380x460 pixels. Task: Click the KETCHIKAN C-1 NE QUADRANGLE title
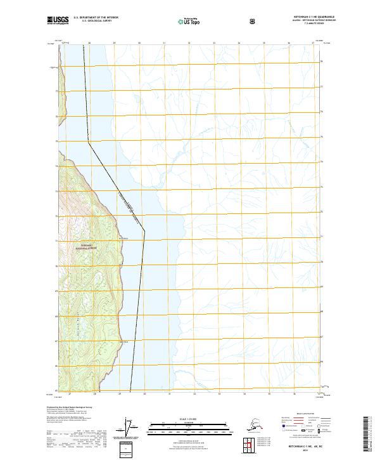click(x=297, y=16)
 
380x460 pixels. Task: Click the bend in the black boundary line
click(x=144, y=231)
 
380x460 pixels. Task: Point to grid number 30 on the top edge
click(x=139, y=43)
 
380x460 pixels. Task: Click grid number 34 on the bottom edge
click(x=238, y=394)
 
